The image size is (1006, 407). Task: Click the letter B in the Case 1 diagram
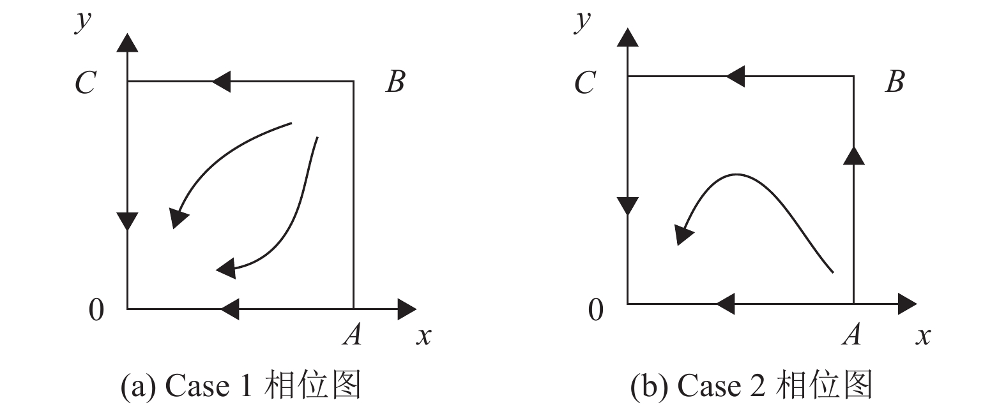tap(395, 82)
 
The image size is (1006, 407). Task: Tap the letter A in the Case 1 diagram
tap(352, 334)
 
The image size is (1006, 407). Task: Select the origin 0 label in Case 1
tap(96, 310)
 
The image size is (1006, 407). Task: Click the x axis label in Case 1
tap(423, 336)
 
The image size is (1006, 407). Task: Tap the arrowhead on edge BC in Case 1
tap(220, 82)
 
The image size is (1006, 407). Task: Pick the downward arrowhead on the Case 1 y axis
tap(128, 221)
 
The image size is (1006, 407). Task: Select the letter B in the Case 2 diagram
tap(895, 82)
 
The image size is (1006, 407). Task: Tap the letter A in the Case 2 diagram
tap(851, 334)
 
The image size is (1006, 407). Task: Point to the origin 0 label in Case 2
tap(595, 310)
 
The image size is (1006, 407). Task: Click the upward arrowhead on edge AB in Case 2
tap(853, 155)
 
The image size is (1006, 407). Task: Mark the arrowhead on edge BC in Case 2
tap(735, 76)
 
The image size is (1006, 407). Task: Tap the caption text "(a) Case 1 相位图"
tap(241, 385)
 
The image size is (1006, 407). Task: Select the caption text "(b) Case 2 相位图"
tap(751, 385)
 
